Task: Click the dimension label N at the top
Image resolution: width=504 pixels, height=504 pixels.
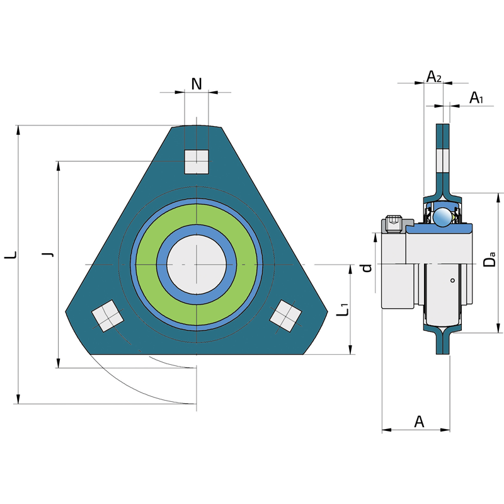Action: [x=197, y=84]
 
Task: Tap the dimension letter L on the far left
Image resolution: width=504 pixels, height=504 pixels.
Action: [x=11, y=255]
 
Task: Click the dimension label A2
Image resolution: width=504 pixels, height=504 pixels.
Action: [x=433, y=77]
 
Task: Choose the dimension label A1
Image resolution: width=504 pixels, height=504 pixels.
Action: [x=476, y=98]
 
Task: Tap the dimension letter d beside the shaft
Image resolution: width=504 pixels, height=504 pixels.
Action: [x=368, y=268]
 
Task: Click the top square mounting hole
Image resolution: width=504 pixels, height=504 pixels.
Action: [x=197, y=162]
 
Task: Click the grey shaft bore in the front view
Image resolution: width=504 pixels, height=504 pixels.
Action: [x=197, y=264]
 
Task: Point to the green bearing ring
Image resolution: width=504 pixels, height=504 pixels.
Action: [x=197, y=218]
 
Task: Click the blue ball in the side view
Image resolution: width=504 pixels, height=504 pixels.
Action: [x=443, y=216]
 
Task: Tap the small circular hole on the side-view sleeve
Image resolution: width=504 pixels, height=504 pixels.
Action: [x=452, y=280]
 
